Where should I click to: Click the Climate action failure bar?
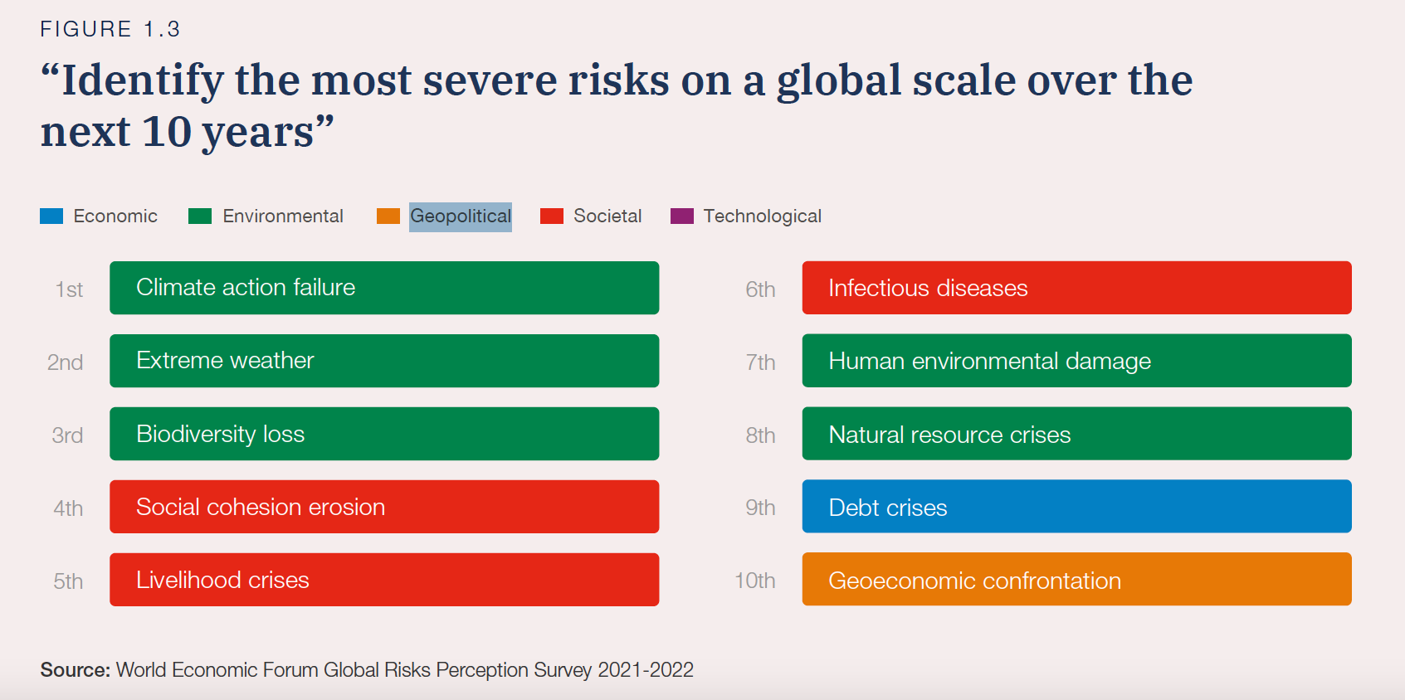384,288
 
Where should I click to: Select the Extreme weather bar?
384,361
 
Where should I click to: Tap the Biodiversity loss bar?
384,434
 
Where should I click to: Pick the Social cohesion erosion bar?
384,507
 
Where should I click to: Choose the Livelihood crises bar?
384,580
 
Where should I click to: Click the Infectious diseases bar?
1076,288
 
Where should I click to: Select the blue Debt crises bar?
1076,507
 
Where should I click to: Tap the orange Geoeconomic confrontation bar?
1076,580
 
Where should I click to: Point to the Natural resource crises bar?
1076,434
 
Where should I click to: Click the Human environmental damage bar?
1076,361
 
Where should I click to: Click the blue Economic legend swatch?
51,216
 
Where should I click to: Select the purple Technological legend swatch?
682,216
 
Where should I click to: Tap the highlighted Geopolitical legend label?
461,216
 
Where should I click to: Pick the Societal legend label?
607,216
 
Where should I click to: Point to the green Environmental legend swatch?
200,216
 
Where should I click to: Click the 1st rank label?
70,289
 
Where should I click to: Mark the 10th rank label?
755,581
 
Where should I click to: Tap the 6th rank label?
760,289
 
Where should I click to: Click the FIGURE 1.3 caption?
110,29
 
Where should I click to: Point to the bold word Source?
75,670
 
